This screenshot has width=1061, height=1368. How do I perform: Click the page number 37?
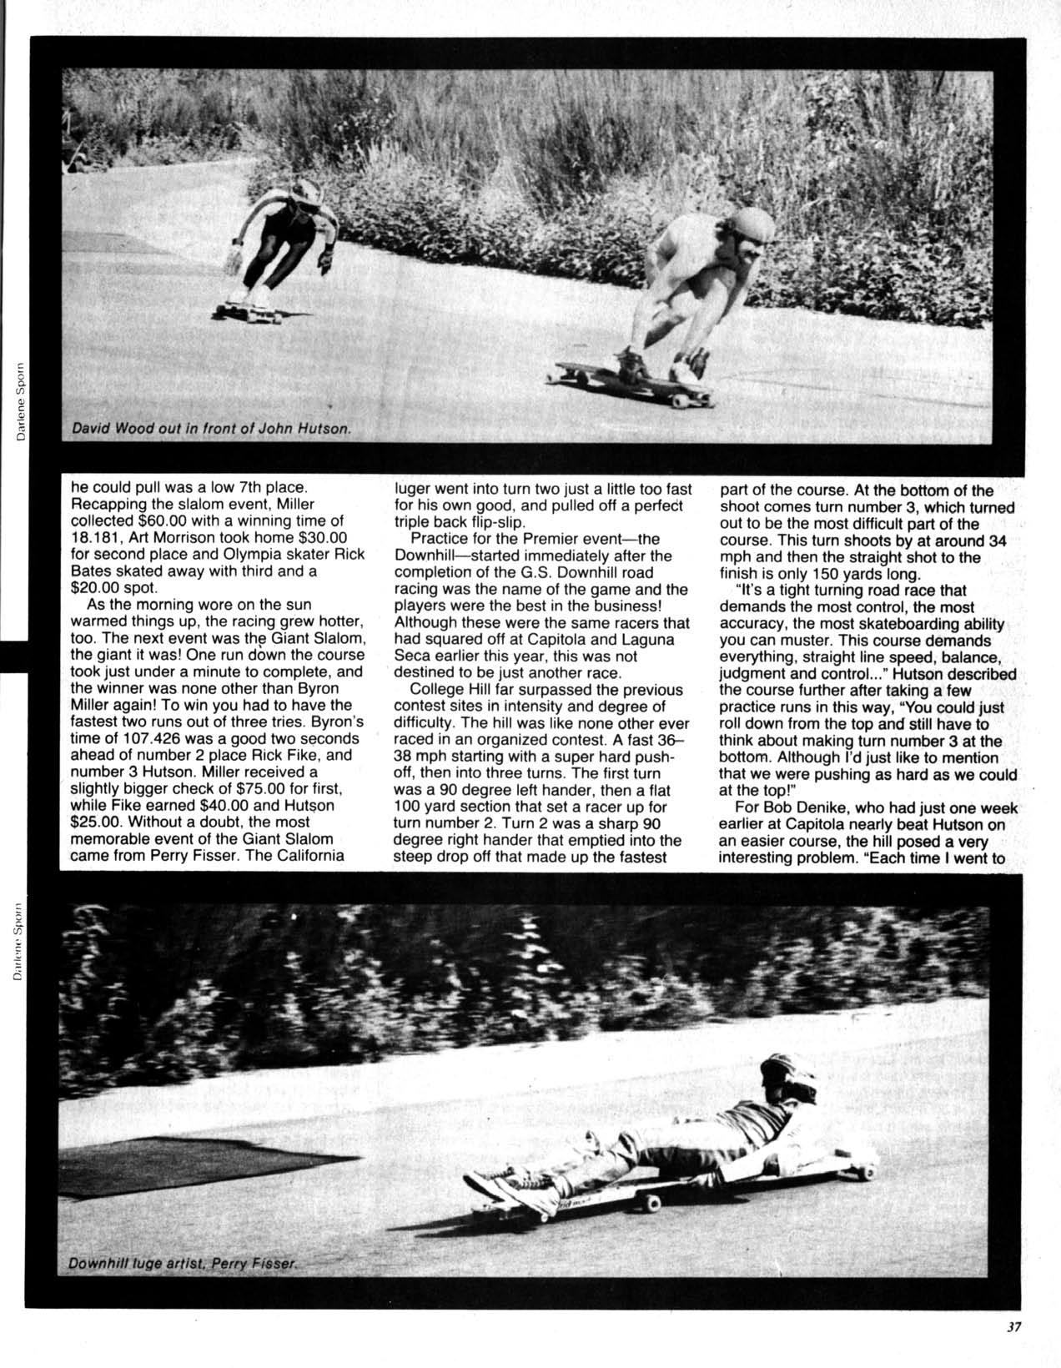point(1013,1329)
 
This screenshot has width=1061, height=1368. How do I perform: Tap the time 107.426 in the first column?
point(141,739)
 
